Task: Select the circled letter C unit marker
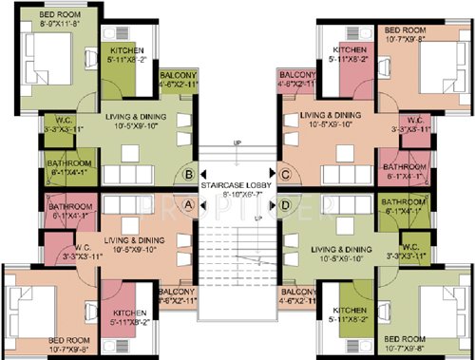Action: [286, 174]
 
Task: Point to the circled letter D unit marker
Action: [286, 203]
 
